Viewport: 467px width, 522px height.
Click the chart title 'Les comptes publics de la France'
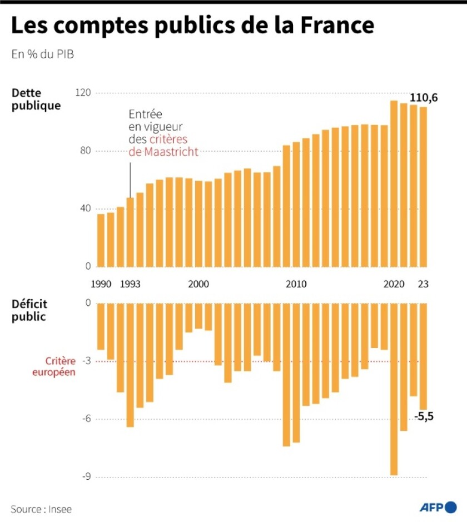[192, 26]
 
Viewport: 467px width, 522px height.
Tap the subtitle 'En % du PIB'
[42, 54]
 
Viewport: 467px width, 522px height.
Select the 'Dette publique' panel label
[36, 99]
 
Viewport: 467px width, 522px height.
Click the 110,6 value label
[424, 98]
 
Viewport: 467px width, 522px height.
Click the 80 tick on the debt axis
[86, 151]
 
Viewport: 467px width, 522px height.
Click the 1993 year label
[130, 284]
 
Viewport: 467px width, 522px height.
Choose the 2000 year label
[198, 284]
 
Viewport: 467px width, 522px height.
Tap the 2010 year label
[296, 284]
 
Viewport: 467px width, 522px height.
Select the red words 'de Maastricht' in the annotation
[163, 151]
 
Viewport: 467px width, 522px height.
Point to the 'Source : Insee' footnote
[41, 509]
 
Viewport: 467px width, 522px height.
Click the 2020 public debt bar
[394, 183]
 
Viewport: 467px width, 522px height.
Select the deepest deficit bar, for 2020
[394, 389]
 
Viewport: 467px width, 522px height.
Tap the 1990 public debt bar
[101, 240]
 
